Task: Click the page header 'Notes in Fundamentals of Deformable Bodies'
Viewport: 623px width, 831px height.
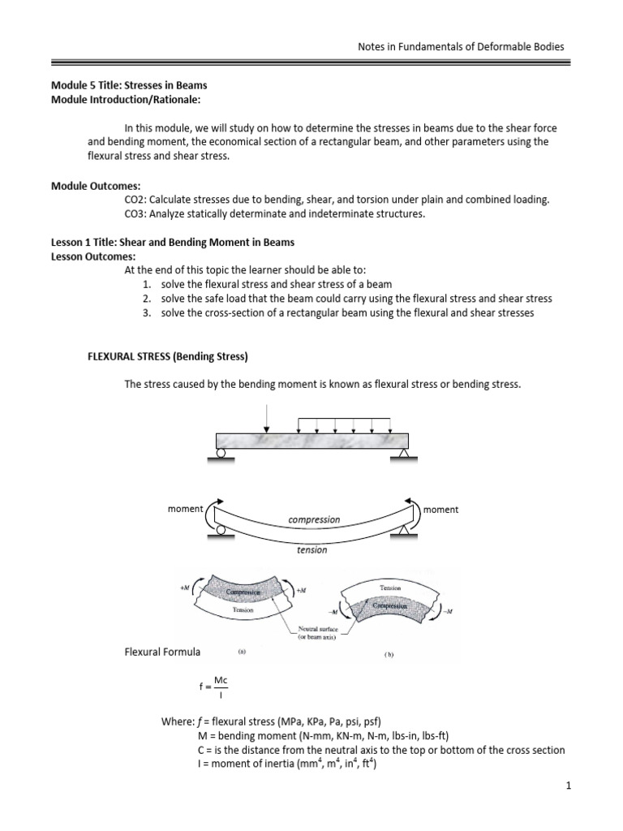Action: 461,46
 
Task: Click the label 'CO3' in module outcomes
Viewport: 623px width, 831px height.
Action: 135,214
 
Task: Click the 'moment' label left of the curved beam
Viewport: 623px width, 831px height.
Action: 185,509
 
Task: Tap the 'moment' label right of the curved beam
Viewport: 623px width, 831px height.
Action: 440,510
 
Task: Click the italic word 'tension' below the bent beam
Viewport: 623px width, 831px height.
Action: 312,549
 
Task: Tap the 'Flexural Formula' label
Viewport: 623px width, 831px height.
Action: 161,652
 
